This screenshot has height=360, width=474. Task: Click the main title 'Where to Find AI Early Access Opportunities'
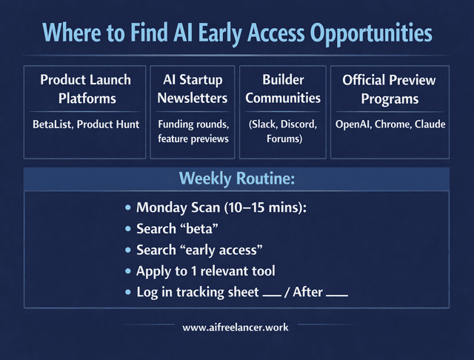236,33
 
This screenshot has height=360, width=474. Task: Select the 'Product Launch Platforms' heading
85,89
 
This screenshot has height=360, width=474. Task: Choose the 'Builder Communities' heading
282,89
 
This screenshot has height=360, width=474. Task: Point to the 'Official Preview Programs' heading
390,89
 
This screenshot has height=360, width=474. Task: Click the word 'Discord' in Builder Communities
298,124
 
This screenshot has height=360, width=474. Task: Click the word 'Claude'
430,124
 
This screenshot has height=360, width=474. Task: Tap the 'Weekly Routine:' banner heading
236,179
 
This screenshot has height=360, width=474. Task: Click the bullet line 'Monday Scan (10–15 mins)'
221,207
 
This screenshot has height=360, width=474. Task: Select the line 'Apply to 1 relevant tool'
210,271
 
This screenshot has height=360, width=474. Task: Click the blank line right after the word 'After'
337,295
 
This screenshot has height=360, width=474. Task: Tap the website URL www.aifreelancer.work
236,326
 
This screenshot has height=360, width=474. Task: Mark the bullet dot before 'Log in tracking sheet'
129,293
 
